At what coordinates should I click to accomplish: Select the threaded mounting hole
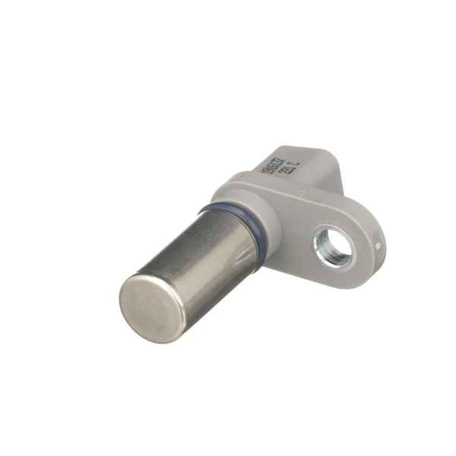pos(335,247)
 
